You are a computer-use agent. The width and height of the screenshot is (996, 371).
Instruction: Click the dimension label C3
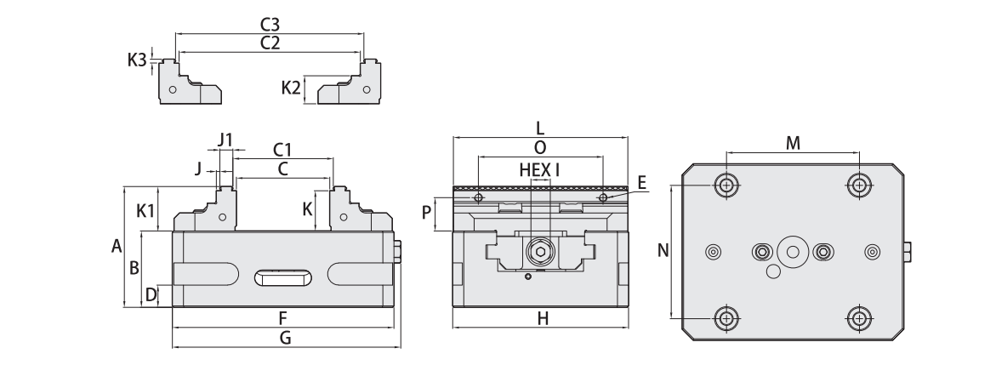pyautogui.click(x=270, y=26)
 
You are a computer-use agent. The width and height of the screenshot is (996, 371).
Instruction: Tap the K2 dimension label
pyautogui.click(x=291, y=88)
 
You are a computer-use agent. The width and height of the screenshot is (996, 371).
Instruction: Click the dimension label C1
pyautogui.click(x=283, y=150)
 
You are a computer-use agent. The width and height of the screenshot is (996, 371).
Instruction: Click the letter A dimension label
pyautogui.click(x=117, y=247)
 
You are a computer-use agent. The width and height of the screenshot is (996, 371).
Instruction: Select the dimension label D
pyautogui.click(x=151, y=295)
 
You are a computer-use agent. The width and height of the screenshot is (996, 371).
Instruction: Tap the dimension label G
pyautogui.click(x=286, y=338)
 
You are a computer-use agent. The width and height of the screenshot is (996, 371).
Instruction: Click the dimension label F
pyautogui.click(x=282, y=317)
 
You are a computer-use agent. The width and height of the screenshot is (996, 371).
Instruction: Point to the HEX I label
pyautogui.click(x=539, y=169)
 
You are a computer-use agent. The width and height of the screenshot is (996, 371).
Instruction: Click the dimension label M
pyautogui.click(x=793, y=143)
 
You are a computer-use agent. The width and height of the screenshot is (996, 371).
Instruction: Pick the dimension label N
pyautogui.click(x=664, y=250)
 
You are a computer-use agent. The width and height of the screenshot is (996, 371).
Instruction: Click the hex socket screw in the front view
pyautogui.click(x=539, y=252)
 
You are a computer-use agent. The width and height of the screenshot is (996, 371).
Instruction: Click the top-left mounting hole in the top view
pyautogui.click(x=726, y=185)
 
